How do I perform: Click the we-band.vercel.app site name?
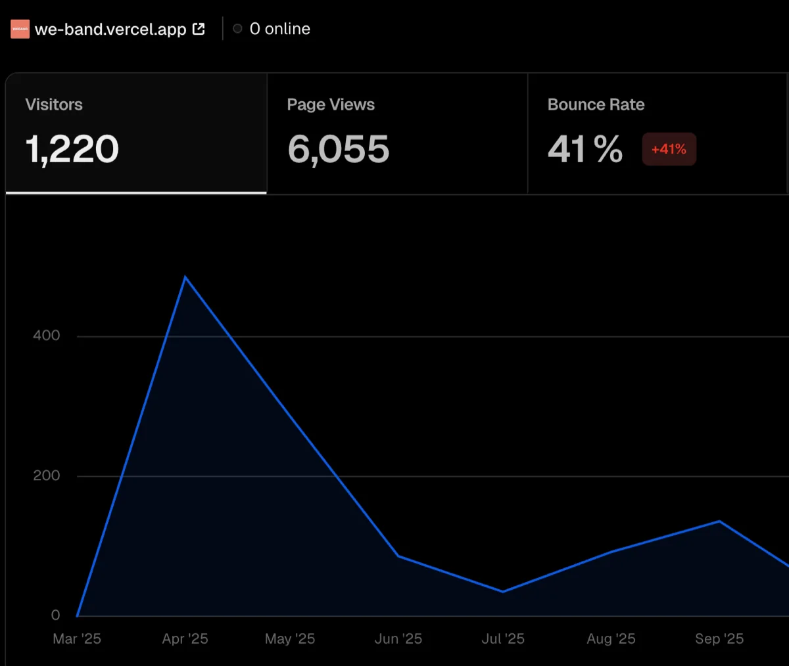pos(110,29)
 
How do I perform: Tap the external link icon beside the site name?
pos(199,29)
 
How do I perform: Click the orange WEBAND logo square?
pos(20,29)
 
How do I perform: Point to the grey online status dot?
pos(237,29)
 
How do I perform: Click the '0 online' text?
pos(279,29)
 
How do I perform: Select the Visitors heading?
pos(54,104)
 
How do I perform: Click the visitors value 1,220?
pos(72,149)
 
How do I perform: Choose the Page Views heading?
pos(331,104)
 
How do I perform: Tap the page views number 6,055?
pos(338,149)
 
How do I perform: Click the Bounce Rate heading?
pos(596,104)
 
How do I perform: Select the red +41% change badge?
pos(669,148)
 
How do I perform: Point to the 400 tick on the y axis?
pos(47,335)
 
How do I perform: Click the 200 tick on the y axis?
pos(47,476)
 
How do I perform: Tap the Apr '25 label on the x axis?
pos(185,639)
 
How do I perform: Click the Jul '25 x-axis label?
pos(503,639)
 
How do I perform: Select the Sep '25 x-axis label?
pos(719,639)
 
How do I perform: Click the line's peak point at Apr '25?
pos(185,277)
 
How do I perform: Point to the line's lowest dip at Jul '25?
pos(503,592)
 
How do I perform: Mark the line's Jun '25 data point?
pos(398,556)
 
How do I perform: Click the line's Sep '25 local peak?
pos(719,522)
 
